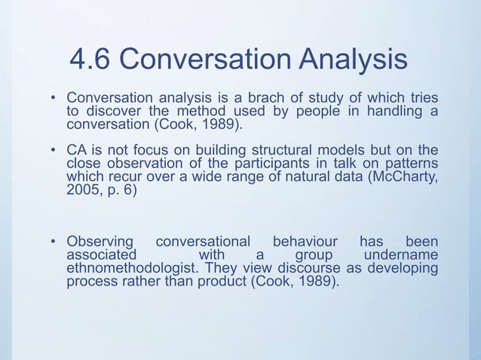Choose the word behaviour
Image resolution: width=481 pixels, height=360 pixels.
click(x=305, y=242)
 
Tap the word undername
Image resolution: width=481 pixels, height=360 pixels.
click(x=400, y=255)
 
